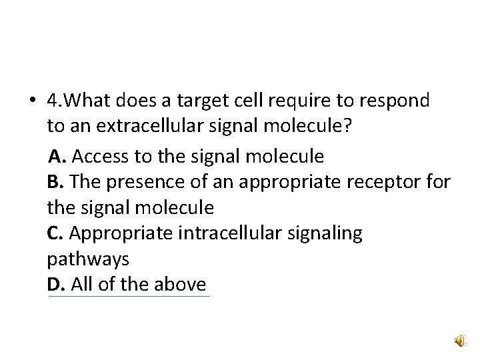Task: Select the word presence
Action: coord(141,182)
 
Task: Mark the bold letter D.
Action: coord(55,285)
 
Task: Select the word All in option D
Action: coord(81,285)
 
